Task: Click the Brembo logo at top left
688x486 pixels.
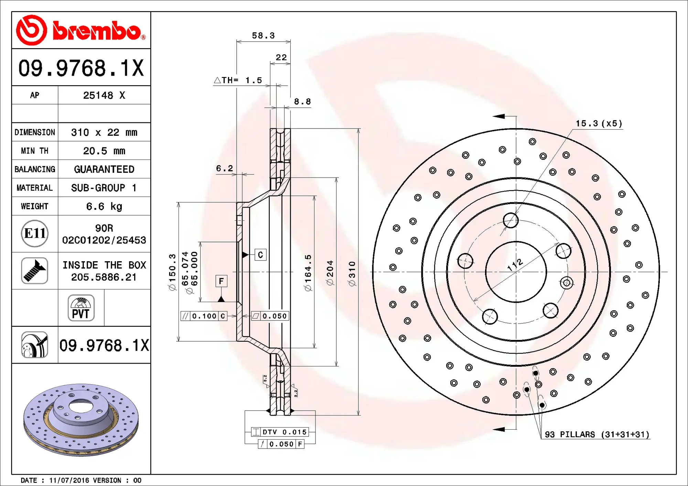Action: pyautogui.click(x=81, y=30)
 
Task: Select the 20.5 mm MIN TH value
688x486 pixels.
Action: pyautogui.click(x=104, y=151)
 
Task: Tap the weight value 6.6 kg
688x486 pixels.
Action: pyautogui.click(x=104, y=206)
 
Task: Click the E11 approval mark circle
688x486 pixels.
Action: pyautogui.click(x=34, y=233)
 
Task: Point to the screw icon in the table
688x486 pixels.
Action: pyautogui.click(x=34, y=271)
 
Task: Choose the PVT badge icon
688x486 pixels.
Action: pyautogui.click(x=81, y=308)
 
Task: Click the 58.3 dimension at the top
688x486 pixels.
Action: pyautogui.click(x=263, y=36)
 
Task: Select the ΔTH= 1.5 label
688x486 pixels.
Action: pyautogui.click(x=238, y=80)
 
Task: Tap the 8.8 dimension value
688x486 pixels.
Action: pyautogui.click(x=302, y=102)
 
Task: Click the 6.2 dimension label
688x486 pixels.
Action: pyautogui.click(x=224, y=168)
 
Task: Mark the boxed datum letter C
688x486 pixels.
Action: pyautogui.click(x=260, y=255)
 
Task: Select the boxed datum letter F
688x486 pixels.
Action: pyautogui.click(x=221, y=281)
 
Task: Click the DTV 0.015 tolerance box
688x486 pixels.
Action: pyautogui.click(x=280, y=432)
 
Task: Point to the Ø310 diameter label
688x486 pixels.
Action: pyautogui.click(x=352, y=274)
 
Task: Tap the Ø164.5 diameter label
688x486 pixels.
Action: pyautogui.click(x=308, y=273)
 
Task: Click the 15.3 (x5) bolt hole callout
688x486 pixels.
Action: pyautogui.click(x=599, y=124)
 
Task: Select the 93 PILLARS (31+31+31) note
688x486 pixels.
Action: pyautogui.click(x=597, y=434)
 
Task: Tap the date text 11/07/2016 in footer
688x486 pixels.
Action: pyautogui.click(x=69, y=480)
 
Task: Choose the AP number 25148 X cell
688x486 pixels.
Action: pyautogui.click(x=104, y=95)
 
